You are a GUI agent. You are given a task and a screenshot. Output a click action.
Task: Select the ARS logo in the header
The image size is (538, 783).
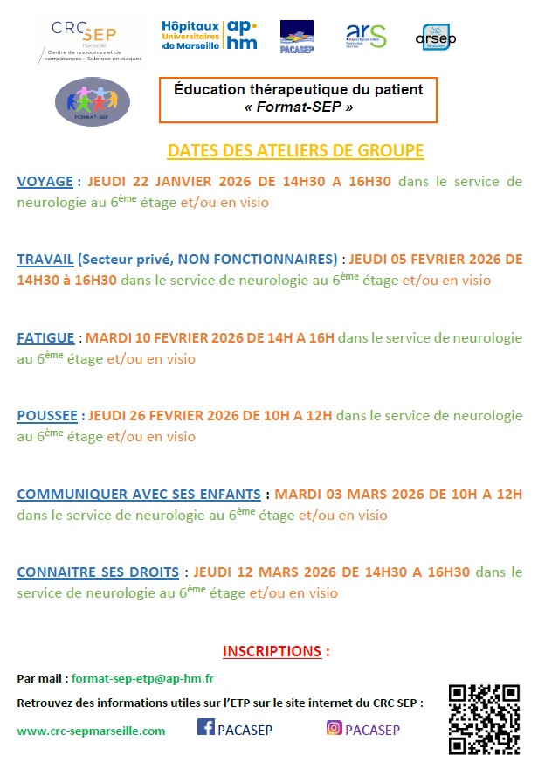pos(366,36)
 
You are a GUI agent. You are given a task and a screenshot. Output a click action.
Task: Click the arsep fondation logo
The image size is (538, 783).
pos(436,38)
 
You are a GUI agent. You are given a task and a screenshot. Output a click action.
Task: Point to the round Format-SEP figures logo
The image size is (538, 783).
pos(92,101)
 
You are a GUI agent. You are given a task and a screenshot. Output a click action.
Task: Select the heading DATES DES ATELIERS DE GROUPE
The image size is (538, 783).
pos(295,150)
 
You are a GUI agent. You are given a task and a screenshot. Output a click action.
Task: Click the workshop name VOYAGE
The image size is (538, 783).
pos(45,182)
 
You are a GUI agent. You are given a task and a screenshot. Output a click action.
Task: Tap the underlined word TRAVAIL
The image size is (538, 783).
pos(45,260)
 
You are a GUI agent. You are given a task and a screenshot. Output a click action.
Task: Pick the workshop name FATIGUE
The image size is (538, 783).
pos(46,337)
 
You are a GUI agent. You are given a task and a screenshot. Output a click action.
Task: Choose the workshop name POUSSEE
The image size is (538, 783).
pos(48,416)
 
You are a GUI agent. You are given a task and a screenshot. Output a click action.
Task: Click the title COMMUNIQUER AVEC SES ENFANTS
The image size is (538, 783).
pos(139,494)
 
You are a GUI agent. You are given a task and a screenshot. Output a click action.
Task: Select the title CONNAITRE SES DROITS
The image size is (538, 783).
pos(98,572)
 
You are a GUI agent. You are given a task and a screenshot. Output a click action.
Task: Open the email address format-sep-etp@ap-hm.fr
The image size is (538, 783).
pos(143,679)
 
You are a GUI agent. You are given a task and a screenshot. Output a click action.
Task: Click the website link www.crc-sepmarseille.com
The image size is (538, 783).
pos(91,731)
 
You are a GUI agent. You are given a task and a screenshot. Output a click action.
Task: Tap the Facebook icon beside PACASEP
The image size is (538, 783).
pos(207,727)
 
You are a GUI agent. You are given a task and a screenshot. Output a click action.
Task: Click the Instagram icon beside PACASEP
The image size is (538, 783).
pos(335,727)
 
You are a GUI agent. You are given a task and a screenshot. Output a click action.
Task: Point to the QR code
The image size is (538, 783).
pos(484,719)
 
